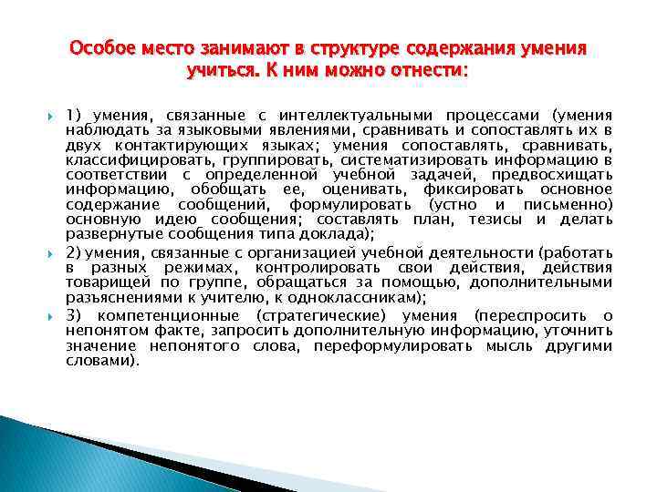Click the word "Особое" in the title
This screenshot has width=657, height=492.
point(100,47)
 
